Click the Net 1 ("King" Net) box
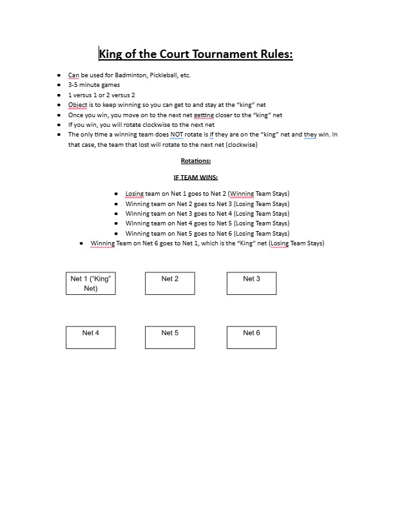90,283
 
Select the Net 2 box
170,283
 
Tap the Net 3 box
251,283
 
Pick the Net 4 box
90,337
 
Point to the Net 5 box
170,337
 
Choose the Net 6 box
251,337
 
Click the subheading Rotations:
196,161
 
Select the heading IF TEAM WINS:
196,177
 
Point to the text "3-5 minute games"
94,85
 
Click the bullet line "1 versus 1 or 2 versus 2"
102,95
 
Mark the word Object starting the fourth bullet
78,105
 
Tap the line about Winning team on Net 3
207,214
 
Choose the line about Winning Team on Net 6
207,243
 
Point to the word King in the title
113,53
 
